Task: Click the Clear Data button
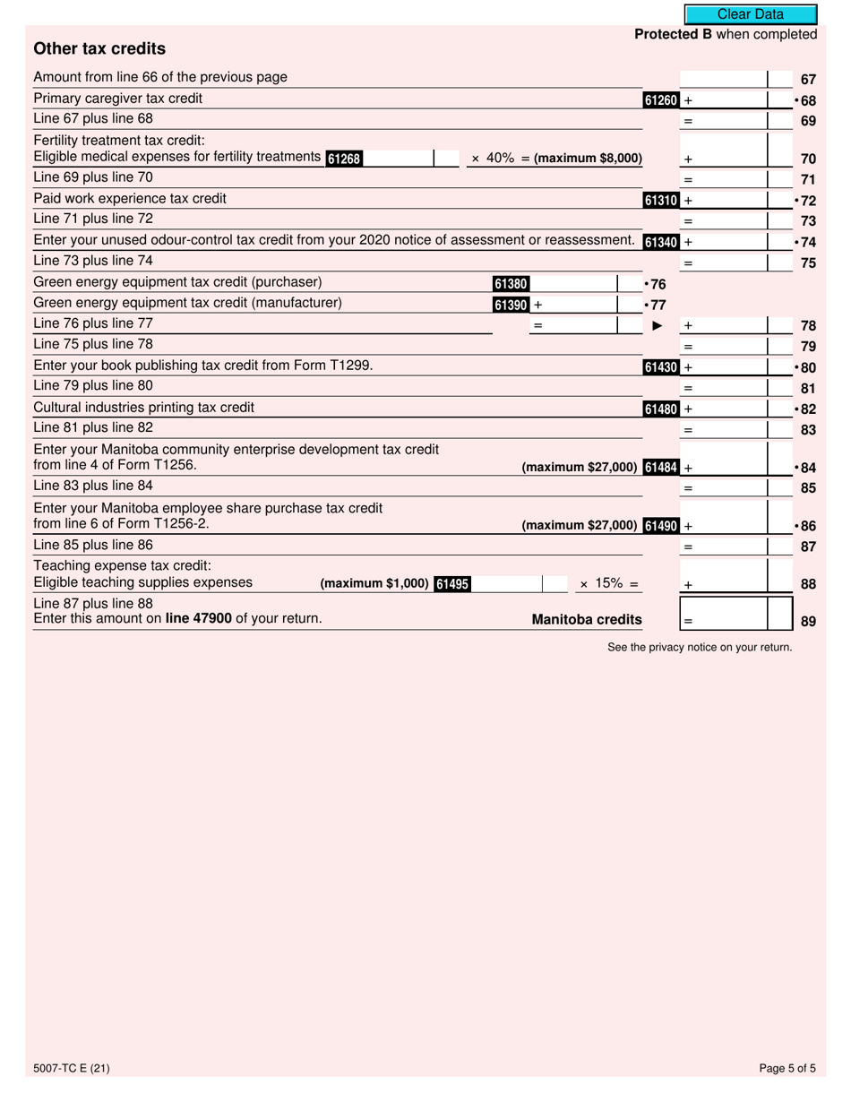[750, 14]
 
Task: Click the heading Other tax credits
[99, 48]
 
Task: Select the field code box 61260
[661, 100]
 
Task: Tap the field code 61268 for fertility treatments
[344, 159]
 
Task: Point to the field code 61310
[661, 201]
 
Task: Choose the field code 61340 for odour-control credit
[661, 242]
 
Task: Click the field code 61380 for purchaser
[511, 284]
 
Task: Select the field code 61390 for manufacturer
[511, 305]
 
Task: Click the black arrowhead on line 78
[657, 326]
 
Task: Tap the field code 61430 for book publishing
[661, 367]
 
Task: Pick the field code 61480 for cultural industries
[661, 409]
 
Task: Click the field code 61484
[661, 467]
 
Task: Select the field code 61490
[661, 526]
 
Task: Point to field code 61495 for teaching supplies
[452, 584]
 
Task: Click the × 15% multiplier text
[608, 584]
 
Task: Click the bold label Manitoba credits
[587, 619]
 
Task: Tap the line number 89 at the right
[808, 620]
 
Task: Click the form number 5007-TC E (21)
[72, 1067]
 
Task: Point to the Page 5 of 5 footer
[787, 1067]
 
